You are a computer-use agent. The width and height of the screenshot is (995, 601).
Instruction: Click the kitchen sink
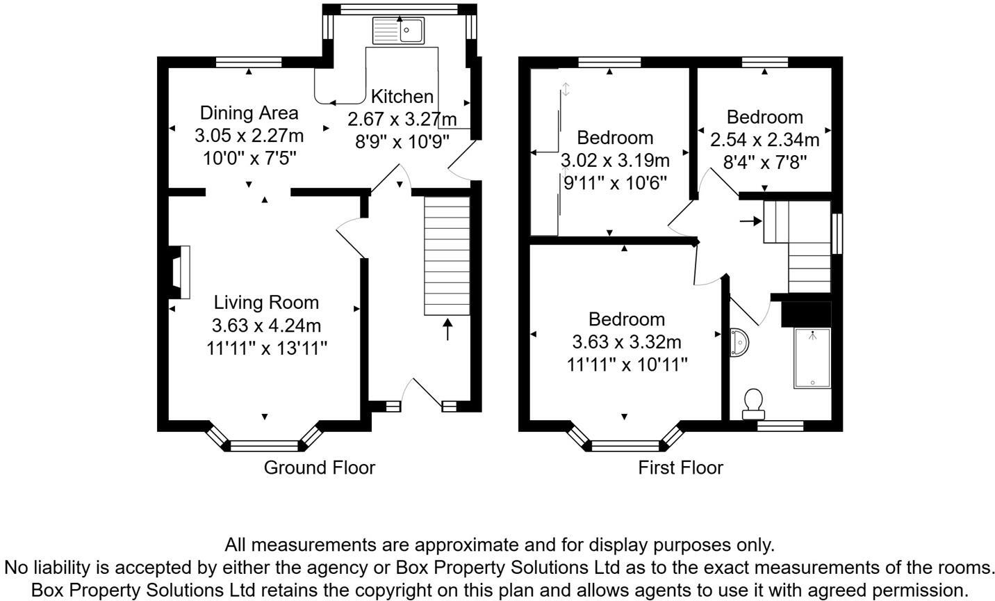pyautogui.click(x=398, y=31)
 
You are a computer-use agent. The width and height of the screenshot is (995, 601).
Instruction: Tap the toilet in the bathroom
pyautogui.click(x=753, y=404)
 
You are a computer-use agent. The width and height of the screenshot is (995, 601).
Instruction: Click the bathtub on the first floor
pyautogui.click(x=812, y=358)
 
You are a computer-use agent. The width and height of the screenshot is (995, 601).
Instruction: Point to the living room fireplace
pyautogui.click(x=179, y=272)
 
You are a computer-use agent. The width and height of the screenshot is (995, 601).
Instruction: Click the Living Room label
pyautogui.click(x=267, y=303)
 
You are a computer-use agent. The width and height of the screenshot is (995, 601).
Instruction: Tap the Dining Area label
pyautogui.click(x=249, y=113)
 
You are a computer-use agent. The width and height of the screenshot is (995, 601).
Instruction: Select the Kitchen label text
pyautogui.click(x=402, y=97)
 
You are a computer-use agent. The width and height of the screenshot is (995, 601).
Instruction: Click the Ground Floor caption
pyautogui.click(x=320, y=467)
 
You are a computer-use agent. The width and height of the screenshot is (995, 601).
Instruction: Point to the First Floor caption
pyautogui.click(x=680, y=467)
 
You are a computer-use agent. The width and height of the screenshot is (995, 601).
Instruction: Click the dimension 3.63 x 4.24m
pyautogui.click(x=267, y=326)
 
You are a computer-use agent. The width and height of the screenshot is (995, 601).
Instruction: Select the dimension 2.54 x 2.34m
pyautogui.click(x=764, y=140)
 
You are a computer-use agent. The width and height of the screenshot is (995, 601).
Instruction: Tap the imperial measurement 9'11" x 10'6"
pyautogui.click(x=615, y=183)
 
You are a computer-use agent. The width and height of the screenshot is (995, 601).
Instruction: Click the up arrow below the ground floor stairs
pyautogui.click(x=447, y=330)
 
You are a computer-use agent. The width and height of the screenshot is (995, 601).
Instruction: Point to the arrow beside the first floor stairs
pyautogui.click(x=750, y=221)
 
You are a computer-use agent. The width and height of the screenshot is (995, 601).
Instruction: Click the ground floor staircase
pyautogui.click(x=447, y=256)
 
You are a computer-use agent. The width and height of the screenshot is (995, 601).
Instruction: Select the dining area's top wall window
pyautogui.click(x=249, y=62)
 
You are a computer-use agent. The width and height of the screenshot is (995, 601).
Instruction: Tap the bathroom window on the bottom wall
pyautogui.click(x=780, y=426)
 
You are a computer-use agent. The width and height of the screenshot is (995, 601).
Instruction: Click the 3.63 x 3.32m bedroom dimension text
pyautogui.click(x=627, y=342)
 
